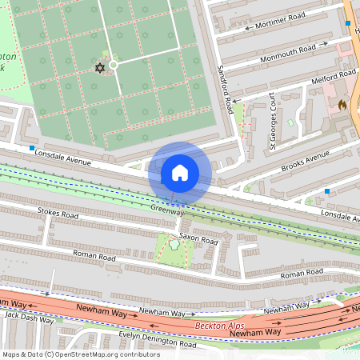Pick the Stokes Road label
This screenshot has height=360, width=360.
pos(58,214)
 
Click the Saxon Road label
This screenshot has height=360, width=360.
pos(198,238)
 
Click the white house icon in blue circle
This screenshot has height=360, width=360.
pos(180,173)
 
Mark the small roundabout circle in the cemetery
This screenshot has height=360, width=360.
pos(114,65)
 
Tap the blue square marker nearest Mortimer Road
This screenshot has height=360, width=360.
pos(347,23)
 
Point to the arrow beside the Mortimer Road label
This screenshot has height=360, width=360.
pos(248,27)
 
